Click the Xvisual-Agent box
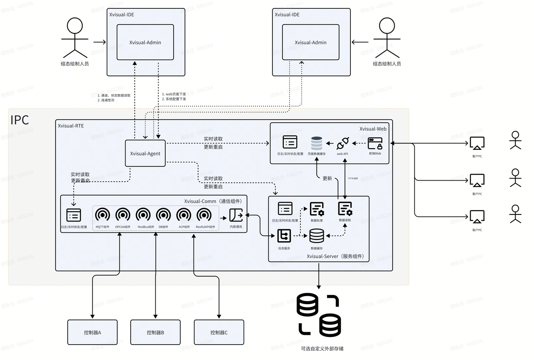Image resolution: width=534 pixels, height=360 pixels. (x=145, y=154)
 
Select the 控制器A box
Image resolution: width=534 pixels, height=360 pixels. (x=93, y=332)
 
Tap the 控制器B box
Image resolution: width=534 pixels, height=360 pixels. (x=155, y=332)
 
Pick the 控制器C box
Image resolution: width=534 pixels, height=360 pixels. (x=219, y=332)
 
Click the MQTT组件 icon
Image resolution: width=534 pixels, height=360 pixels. (x=102, y=215)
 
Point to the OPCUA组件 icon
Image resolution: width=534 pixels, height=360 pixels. (x=123, y=215)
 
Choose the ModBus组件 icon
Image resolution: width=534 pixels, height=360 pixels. (x=143, y=215)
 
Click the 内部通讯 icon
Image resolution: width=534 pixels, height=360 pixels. (x=236, y=215)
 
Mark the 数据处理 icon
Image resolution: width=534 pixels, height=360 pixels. (x=317, y=209)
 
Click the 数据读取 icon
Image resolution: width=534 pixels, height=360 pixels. (x=345, y=209)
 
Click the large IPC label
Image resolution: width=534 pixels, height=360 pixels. (x=20, y=120)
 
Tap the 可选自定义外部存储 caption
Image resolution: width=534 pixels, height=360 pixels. (x=322, y=348)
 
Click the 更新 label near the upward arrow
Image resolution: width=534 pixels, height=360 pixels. (x=327, y=178)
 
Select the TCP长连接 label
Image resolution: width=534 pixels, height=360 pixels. (x=353, y=178)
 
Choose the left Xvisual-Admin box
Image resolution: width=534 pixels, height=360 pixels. (x=145, y=42)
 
